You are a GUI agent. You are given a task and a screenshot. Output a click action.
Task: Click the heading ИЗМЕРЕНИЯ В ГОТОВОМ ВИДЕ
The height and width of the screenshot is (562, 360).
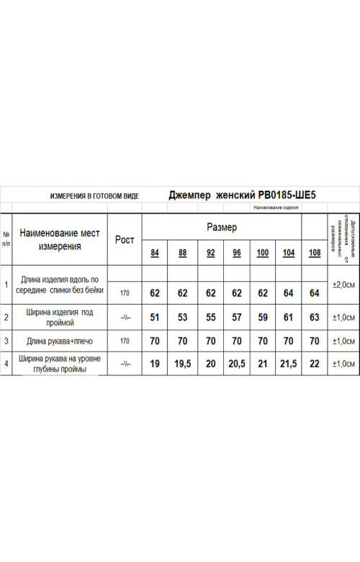tap(94, 196)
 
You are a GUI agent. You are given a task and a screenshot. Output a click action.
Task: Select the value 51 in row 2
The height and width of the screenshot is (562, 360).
tap(154, 317)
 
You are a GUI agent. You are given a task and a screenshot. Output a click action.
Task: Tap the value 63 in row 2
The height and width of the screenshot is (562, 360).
tap(314, 317)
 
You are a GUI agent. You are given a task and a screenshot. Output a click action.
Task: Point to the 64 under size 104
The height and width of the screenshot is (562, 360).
tap(288, 293)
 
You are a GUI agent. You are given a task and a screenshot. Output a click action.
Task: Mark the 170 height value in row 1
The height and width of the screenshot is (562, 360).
tap(125, 293)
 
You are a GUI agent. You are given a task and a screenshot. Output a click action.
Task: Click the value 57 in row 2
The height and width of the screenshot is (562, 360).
tap(235, 317)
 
